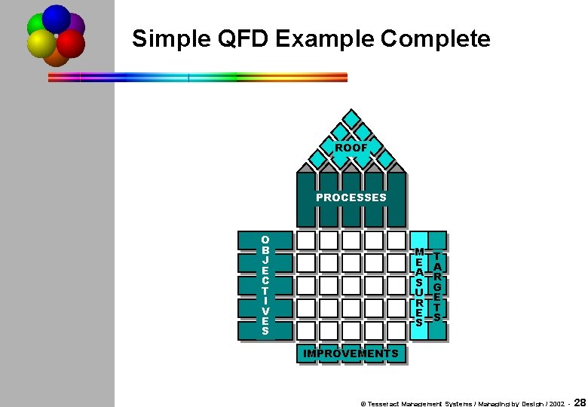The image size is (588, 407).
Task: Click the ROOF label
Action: (351, 148)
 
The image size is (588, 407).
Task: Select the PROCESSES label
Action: (351, 197)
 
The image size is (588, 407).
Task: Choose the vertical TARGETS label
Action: (437, 287)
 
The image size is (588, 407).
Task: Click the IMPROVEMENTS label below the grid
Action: (351, 353)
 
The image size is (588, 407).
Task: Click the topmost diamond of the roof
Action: (351, 119)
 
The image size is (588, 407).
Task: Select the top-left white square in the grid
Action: (306, 240)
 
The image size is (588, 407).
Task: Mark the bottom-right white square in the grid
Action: (397, 330)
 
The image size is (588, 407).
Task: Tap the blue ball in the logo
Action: (57, 18)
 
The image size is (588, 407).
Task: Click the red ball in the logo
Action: (71, 44)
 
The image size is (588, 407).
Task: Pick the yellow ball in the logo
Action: (41, 44)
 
